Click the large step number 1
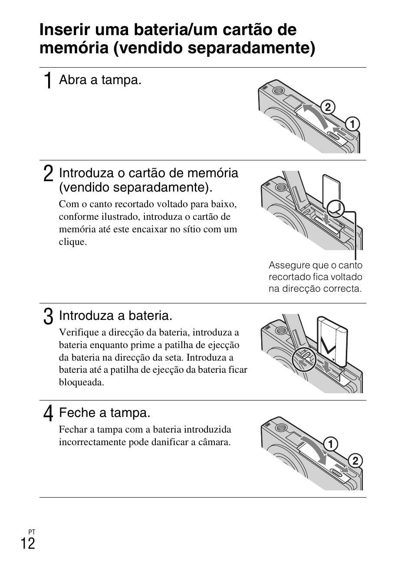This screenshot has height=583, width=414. [x=49, y=81]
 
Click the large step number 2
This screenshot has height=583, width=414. [x=49, y=174]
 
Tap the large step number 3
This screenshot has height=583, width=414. [x=49, y=316]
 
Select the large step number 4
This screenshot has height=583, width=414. [x=49, y=414]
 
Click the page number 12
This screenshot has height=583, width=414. [x=28, y=544]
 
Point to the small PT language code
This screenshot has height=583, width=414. [x=32, y=532]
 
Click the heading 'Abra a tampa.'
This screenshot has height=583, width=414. [x=100, y=80]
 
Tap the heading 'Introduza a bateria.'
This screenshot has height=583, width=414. [x=115, y=316]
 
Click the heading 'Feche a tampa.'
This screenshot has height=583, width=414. [x=105, y=413]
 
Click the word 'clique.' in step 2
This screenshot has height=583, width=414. [x=73, y=242]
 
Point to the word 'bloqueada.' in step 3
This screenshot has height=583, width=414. [x=82, y=382]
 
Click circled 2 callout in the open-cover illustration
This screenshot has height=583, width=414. [x=328, y=107]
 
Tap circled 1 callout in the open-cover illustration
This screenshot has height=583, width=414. [x=352, y=124]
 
